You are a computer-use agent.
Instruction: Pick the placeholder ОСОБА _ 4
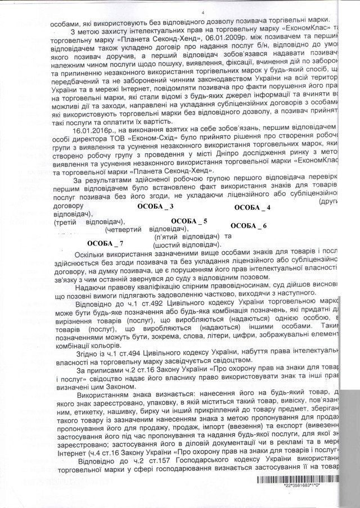click(x=252, y=208)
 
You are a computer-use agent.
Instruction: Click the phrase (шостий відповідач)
click(x=186, y=246)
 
